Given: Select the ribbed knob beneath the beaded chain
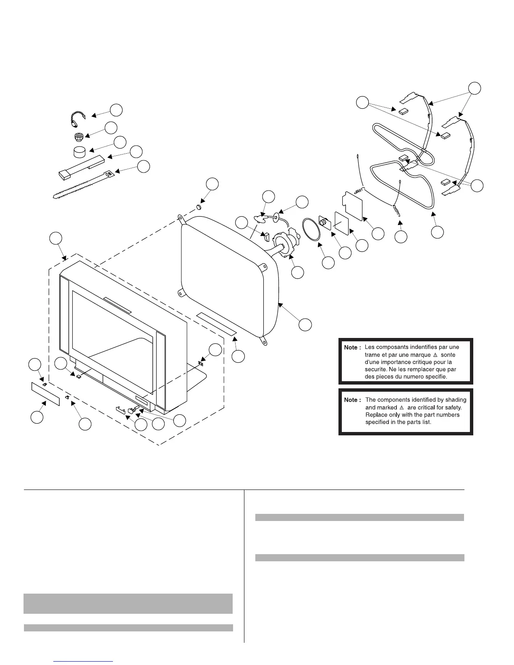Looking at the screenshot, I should pos(78,137).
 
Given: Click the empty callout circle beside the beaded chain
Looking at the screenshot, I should pos(116,110).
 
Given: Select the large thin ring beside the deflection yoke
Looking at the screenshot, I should pos(313,229).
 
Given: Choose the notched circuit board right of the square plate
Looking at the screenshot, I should pos(353,205).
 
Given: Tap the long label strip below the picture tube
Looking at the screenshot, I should pos(217,323).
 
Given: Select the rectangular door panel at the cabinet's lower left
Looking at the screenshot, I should pos(45,393).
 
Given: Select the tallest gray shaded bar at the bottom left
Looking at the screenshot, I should pos(128,603).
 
